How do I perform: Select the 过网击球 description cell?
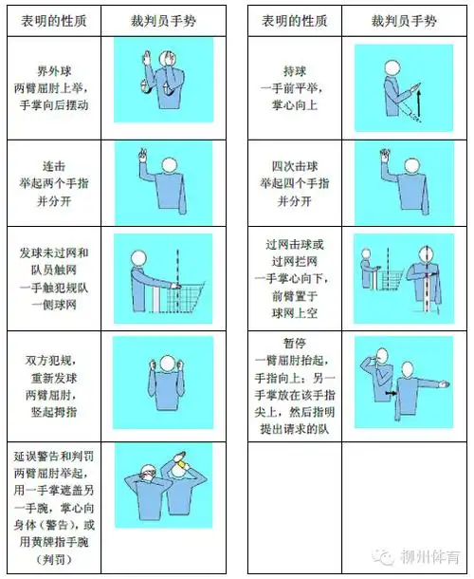pyautogui.click(x=295, y=275)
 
